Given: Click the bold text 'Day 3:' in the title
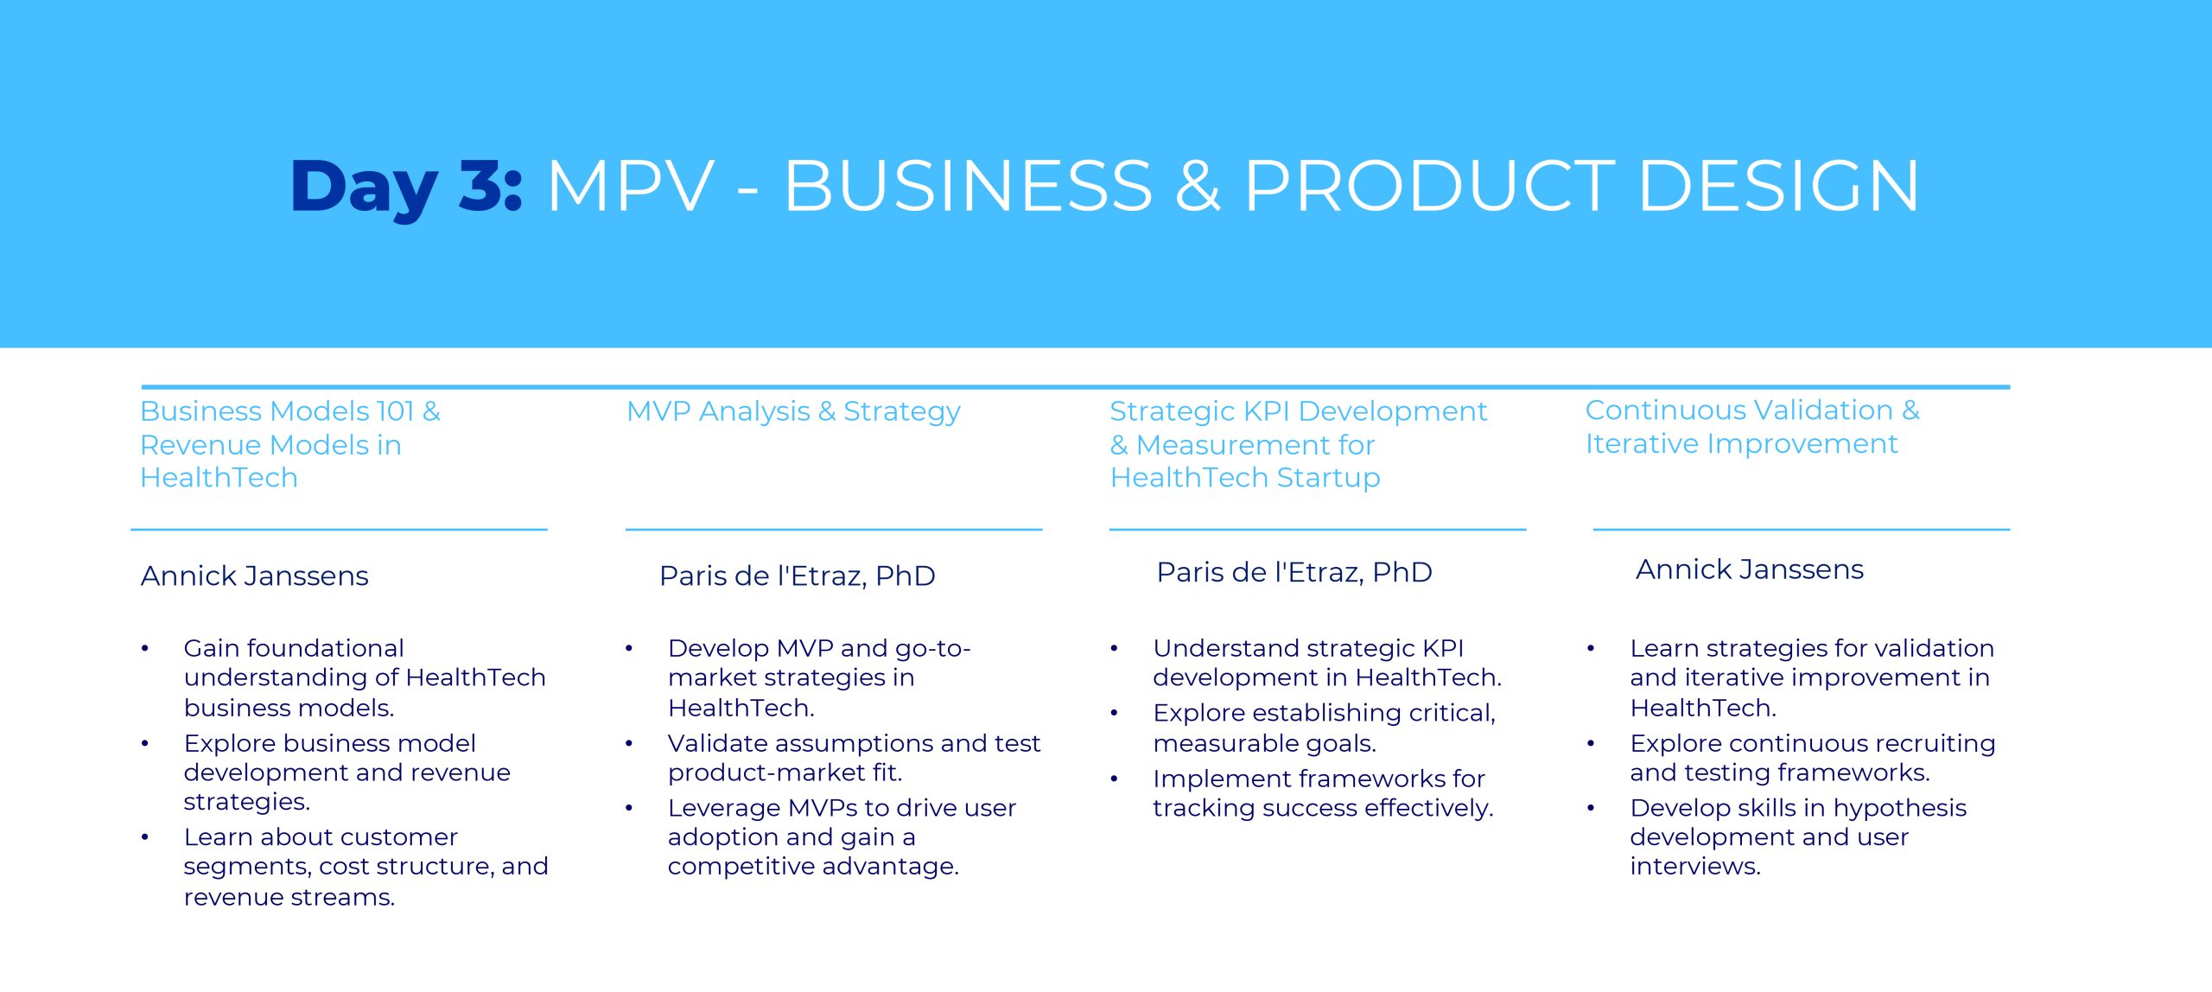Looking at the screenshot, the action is point(406,187).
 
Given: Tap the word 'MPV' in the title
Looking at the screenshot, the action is point(631,186).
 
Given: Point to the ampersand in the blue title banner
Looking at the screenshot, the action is point(1198,186).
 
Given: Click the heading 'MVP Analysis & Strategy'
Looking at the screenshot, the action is point(793,412).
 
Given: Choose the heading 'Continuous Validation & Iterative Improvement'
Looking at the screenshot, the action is point(1752,427).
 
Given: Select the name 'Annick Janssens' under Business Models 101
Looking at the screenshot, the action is point(255,575).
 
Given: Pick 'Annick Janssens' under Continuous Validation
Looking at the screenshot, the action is point(1750,569).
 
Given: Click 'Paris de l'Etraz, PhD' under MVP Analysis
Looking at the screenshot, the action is point(797,575).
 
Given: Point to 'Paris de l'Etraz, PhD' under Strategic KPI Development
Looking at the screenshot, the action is point(1294,572).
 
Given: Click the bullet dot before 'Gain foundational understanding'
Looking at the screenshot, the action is point(145,648).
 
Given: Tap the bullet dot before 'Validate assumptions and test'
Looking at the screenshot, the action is point(629,743).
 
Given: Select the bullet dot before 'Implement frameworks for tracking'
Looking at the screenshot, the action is point(1114,779).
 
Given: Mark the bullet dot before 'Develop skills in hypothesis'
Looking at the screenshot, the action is point(1591,808).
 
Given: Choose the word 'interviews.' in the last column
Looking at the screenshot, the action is point(1695,866).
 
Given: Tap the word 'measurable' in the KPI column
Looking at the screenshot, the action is point(1214,743).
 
